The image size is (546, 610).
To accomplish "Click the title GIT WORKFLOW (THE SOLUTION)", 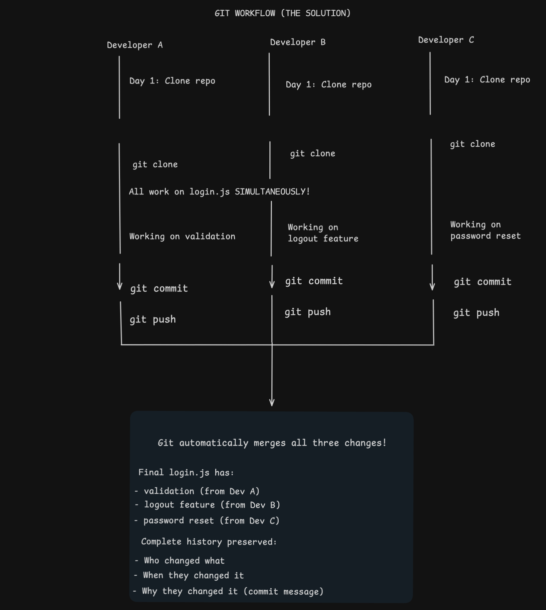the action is pos(282,13).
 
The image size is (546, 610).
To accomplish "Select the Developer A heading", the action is pos(135,45).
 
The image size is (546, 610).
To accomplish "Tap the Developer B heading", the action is pos(298,42).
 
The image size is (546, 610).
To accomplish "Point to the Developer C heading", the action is pos(446,40).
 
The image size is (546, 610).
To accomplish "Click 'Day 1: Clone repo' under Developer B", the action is pos(329,85).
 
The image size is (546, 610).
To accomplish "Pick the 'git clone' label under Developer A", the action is pos(155,164).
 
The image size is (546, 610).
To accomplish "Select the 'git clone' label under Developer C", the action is pos(473,144).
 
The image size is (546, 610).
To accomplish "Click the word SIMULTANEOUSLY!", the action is pos(272,192).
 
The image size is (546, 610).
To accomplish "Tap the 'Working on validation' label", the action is pos(182,237).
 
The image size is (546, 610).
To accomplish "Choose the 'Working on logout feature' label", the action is pos(323,233).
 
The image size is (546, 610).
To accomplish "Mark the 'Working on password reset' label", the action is pos(486,231).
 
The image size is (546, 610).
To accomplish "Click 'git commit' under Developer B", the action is pos(314,281).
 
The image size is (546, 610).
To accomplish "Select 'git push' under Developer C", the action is pos(476,313).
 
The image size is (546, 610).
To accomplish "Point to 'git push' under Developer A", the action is pos(153,320).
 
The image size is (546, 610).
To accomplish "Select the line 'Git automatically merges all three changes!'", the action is pos(272,443).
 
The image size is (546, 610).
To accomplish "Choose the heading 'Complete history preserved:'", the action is pos(209,542).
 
